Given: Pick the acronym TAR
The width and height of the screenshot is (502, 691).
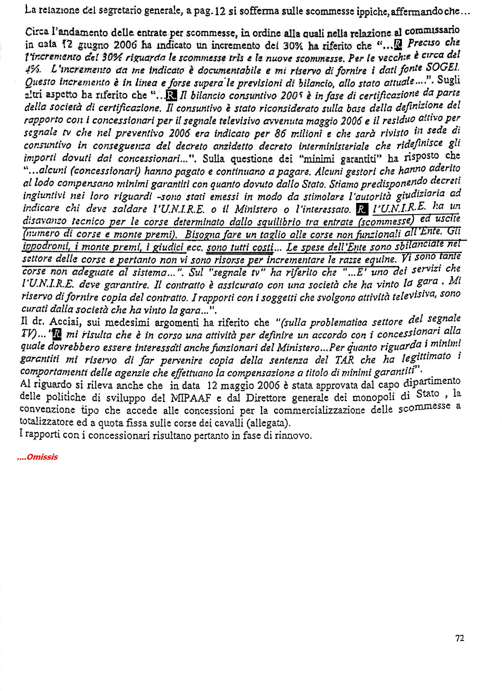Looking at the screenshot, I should (344, 360).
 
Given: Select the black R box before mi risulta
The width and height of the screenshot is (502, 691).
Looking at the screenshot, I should (57, 335).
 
